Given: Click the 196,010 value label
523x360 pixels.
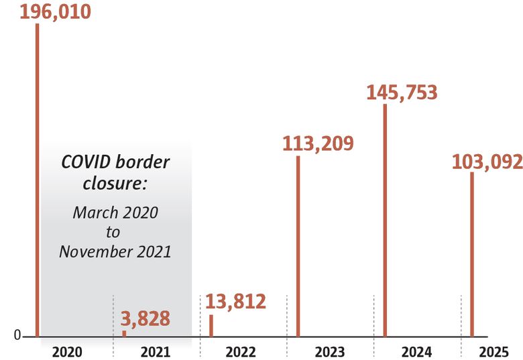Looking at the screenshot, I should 55,11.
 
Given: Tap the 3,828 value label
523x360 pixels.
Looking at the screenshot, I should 146,319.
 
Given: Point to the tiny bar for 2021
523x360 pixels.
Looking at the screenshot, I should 124,333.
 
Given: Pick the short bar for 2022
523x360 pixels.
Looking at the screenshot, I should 211,326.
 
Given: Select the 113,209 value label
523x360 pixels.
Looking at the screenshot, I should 318,143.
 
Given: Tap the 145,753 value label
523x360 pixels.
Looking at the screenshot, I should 402,92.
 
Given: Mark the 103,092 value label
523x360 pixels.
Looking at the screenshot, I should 487,162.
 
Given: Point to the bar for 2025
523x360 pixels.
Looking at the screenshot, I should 472,254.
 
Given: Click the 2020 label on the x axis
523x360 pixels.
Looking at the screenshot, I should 67,351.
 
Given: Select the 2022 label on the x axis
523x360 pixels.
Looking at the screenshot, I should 241,351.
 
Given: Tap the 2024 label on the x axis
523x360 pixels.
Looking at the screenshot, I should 416,351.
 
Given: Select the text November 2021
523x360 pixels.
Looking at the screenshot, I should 115,252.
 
